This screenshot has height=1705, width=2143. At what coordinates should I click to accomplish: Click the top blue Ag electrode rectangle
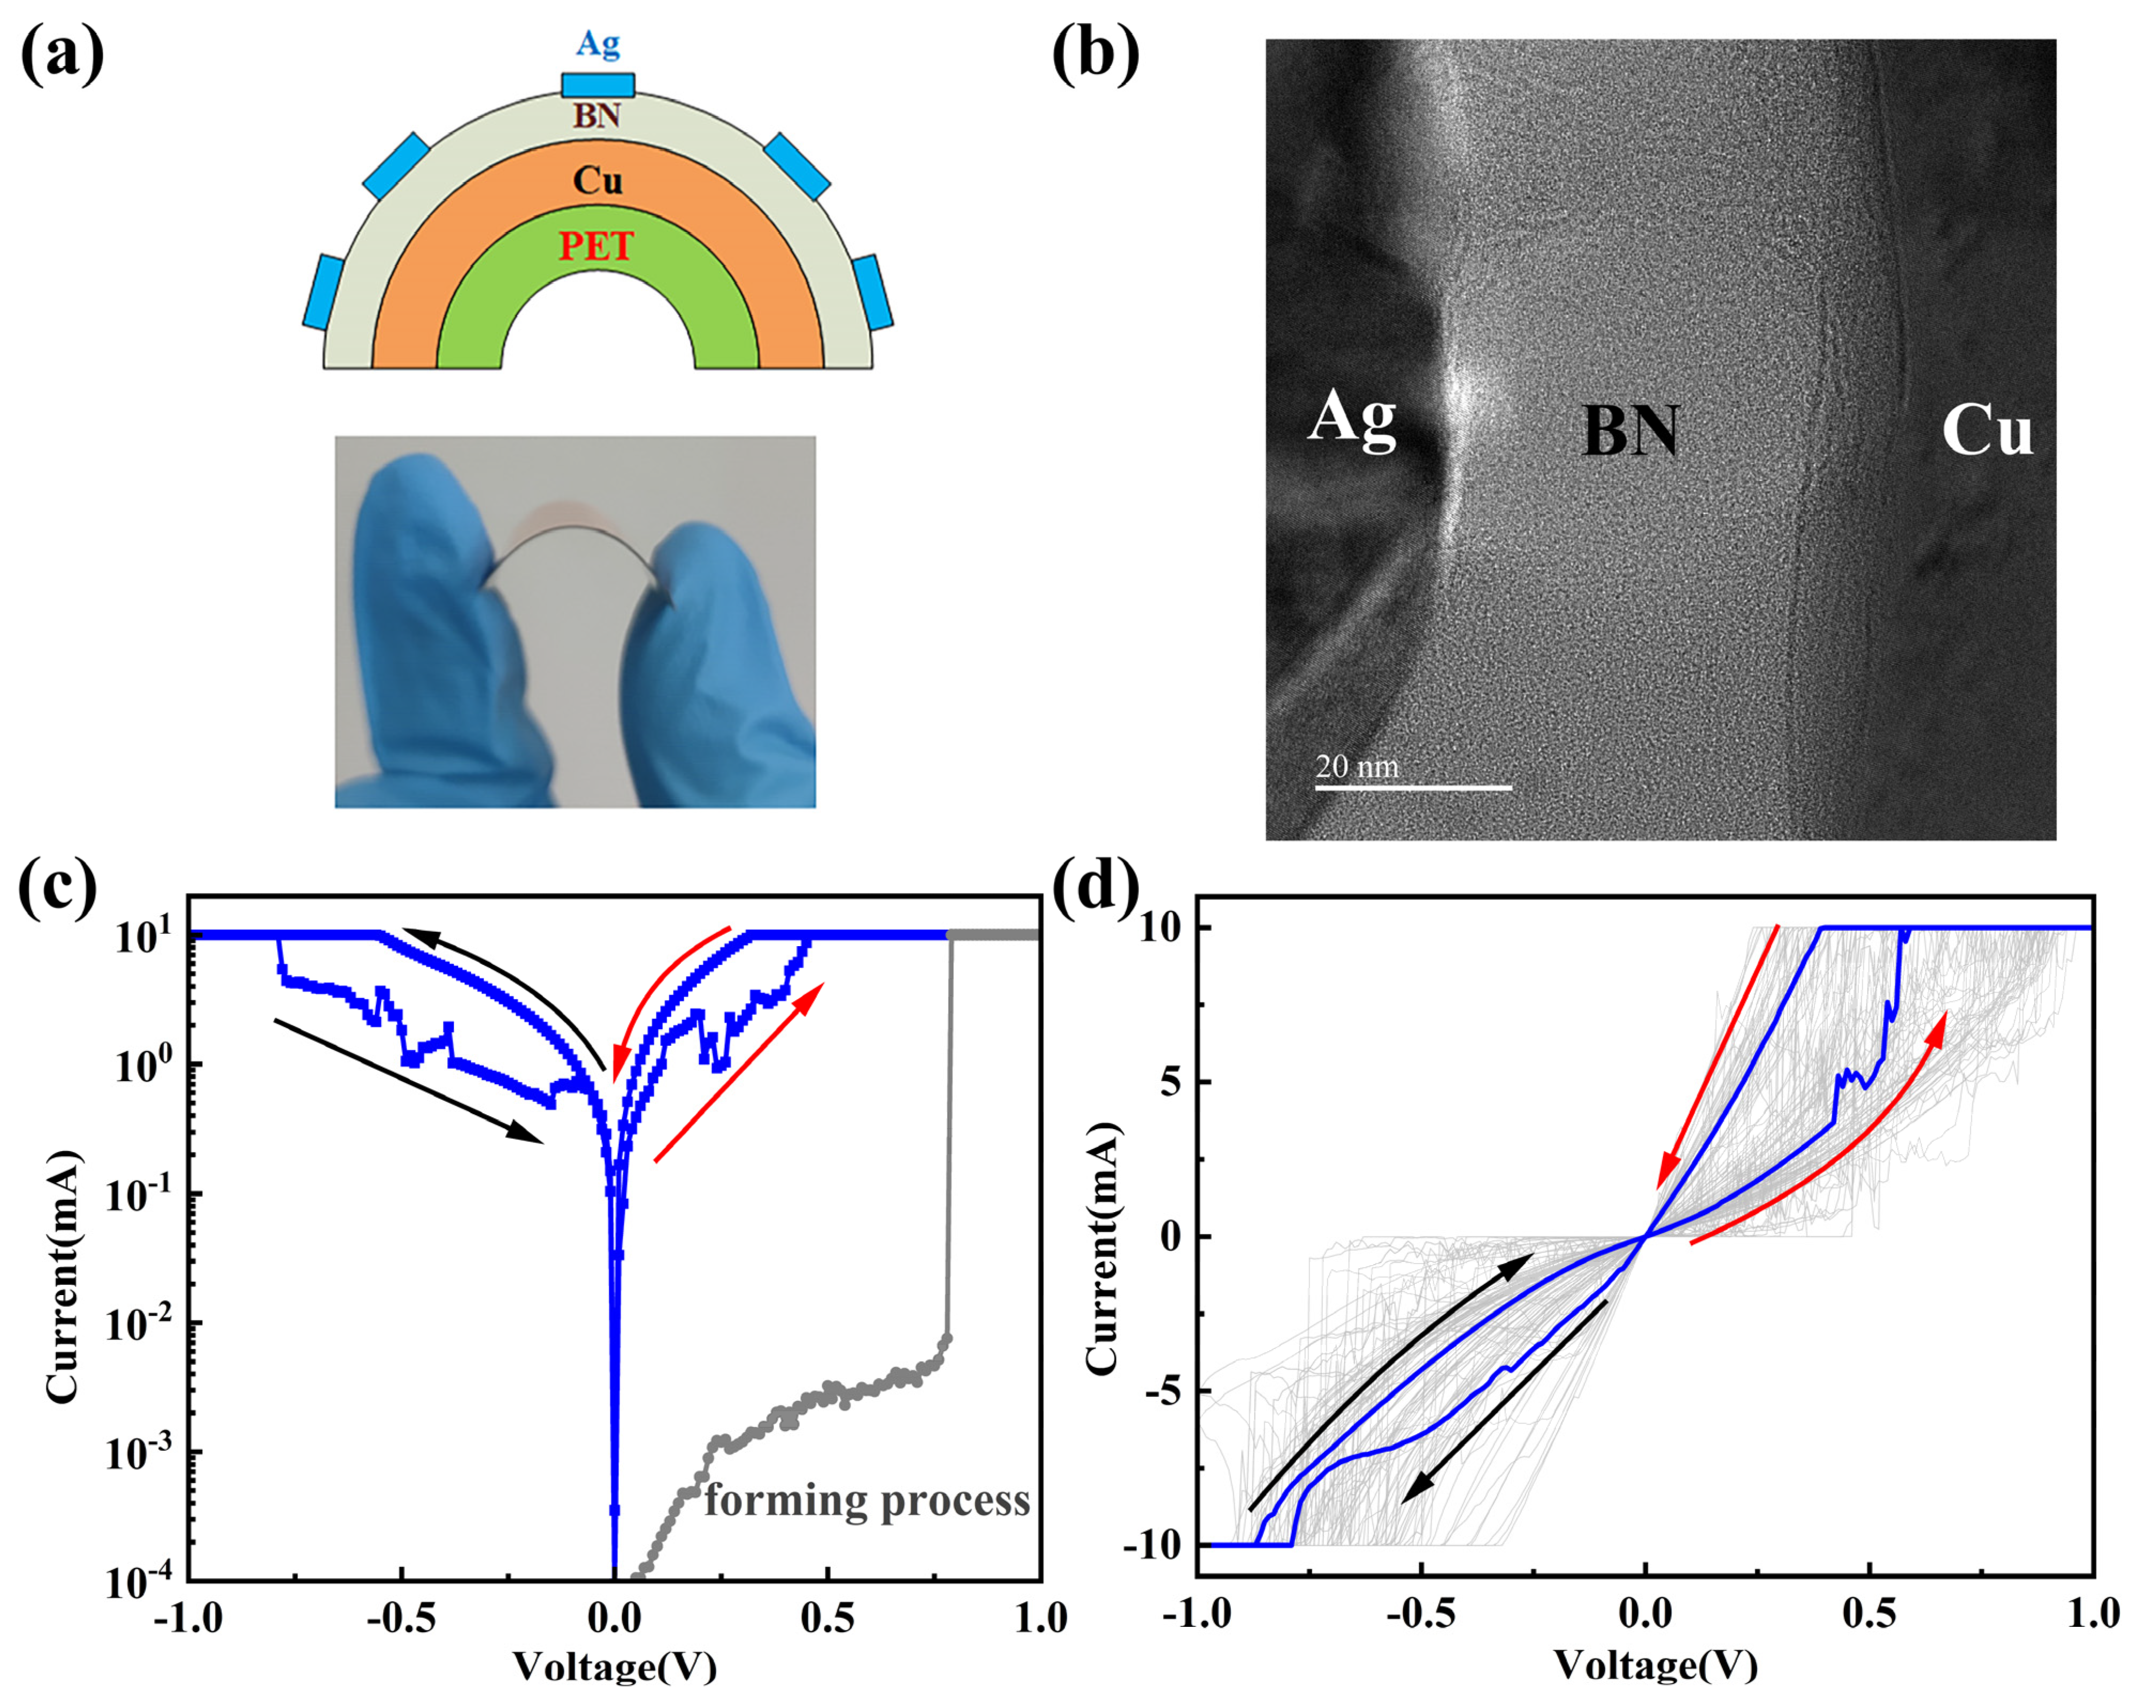[x=598, y=83]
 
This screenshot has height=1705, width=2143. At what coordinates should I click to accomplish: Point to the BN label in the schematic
[x=598, y=116]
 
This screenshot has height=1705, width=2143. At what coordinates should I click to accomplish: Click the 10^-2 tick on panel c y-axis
[x=142, y=1324]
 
